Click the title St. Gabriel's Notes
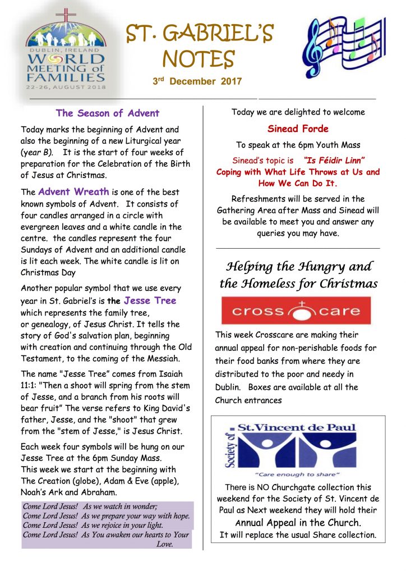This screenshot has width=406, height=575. [x=199, y=46]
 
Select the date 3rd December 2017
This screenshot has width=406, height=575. [x=197, y=81]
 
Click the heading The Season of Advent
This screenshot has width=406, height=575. [x=108, y=113]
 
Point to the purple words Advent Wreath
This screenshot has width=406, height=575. [x=73, y=191]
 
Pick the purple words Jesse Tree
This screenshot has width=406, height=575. [x=150, y=300]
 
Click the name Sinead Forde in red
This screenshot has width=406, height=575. [x=298, y=129]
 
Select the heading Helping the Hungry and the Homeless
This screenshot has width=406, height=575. [x=298, y=275]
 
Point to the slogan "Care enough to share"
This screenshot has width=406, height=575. [x=297, y=474]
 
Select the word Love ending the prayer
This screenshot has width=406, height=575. [x=164, y=544]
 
